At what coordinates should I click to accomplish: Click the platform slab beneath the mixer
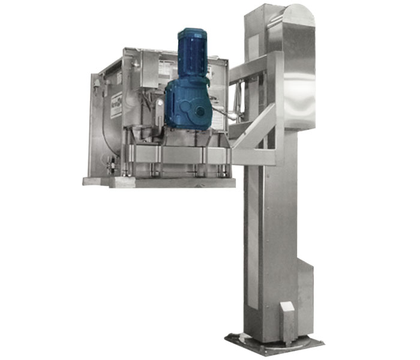click(x=159, y=182)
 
